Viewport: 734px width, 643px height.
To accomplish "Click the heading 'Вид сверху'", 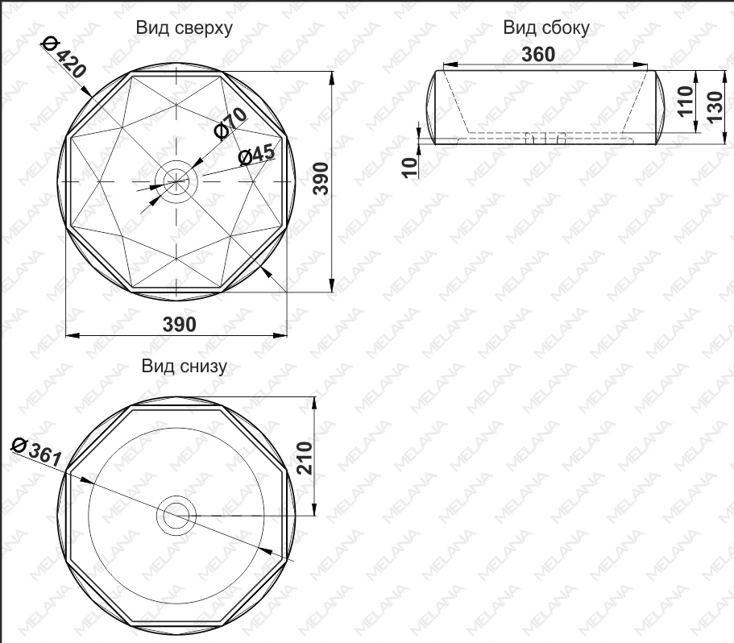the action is [184, 28].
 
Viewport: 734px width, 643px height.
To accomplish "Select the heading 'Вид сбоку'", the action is [546, 28].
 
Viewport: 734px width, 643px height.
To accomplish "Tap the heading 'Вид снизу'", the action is [185, 367].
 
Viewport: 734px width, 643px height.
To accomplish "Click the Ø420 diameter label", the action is [64, 57].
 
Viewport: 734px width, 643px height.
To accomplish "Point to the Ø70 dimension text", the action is [230, 123].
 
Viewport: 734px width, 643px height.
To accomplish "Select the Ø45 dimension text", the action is [256, 155].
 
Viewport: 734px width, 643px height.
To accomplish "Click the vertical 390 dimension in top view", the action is [321, 178].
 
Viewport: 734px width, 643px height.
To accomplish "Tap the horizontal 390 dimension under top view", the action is [180, 324].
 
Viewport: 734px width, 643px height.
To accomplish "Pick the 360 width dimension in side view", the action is [538, 54].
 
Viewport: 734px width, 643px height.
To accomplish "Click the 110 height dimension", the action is [686, 101].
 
